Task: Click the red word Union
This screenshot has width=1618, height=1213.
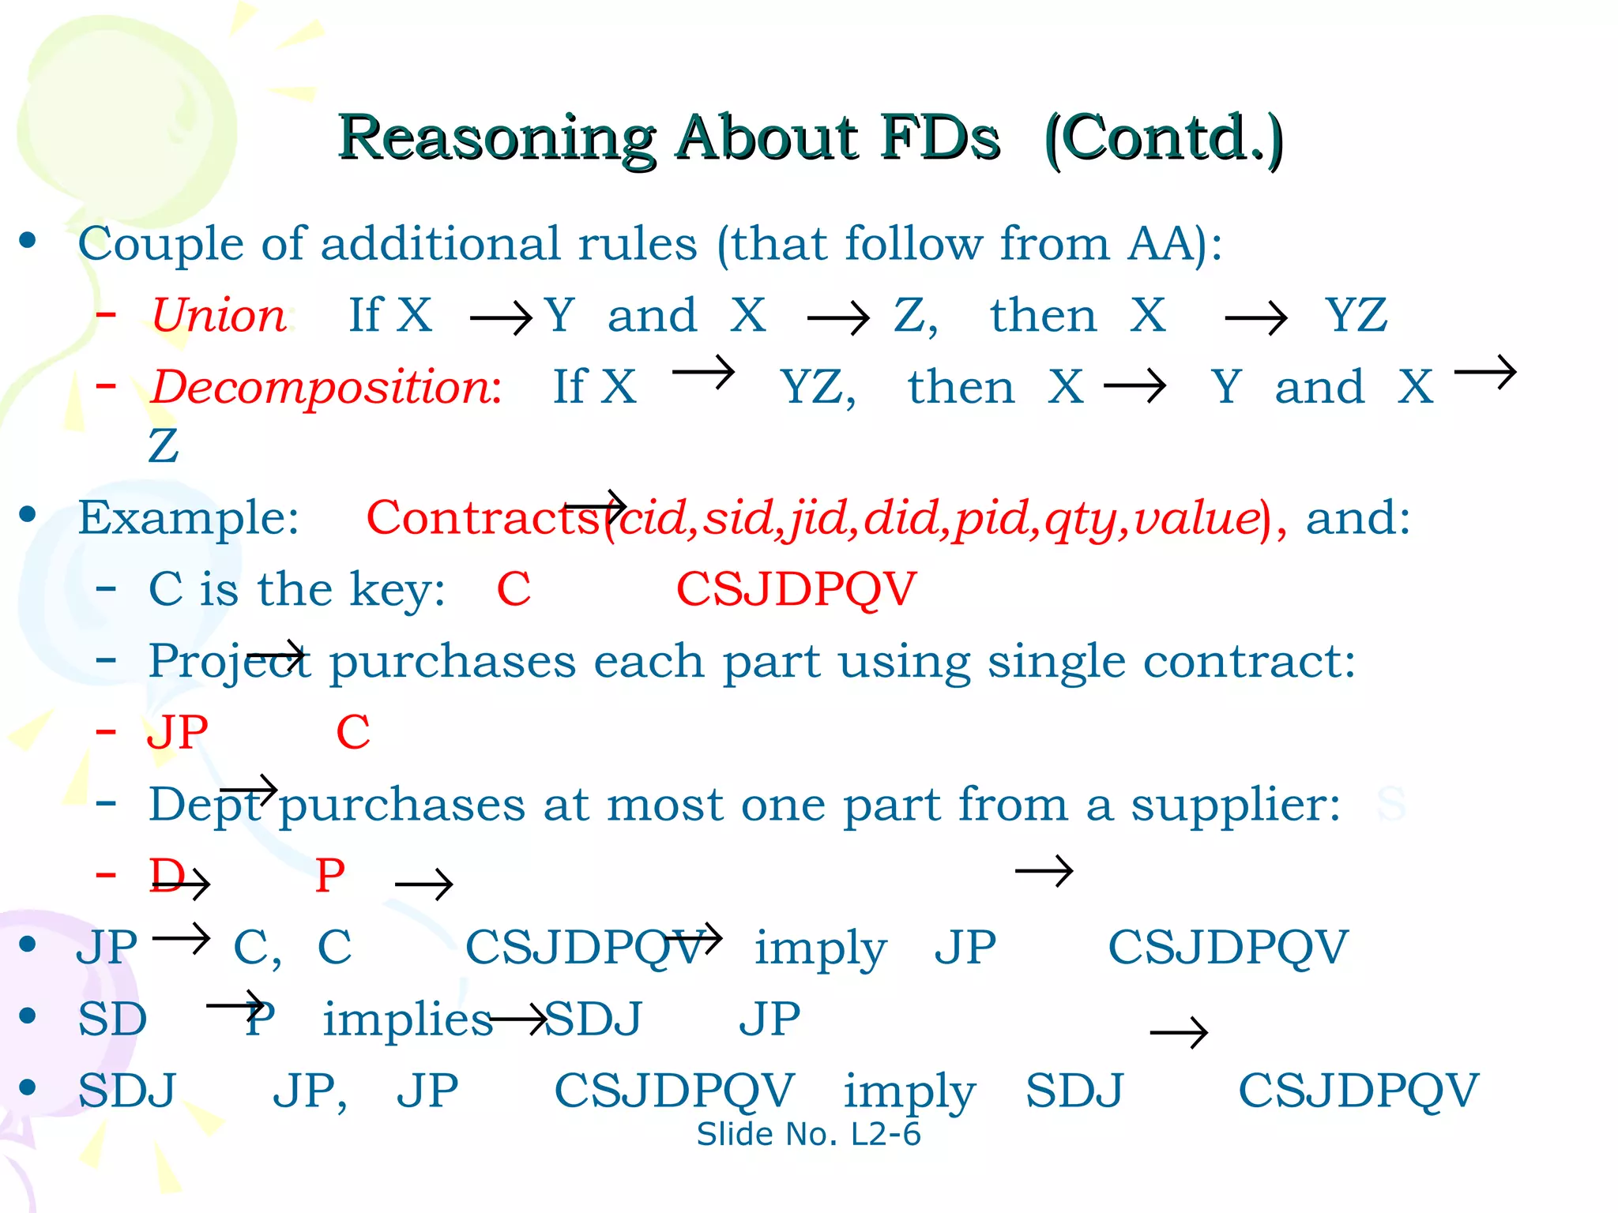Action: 219,316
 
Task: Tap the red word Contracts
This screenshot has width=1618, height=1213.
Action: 484,518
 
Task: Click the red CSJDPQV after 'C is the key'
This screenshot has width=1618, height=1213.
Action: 796,589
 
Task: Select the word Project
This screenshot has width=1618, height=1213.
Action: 229,662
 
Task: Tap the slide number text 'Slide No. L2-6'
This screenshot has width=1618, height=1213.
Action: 808,1134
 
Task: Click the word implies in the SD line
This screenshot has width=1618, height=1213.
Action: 408,1020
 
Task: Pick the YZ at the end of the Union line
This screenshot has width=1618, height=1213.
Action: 1356,316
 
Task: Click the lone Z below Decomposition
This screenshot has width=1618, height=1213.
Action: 164,446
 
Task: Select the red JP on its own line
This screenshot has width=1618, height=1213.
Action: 178,732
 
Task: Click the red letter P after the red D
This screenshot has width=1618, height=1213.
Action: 330,876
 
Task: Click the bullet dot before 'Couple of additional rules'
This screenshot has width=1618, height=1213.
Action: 28,240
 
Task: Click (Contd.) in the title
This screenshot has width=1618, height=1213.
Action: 1163,139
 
